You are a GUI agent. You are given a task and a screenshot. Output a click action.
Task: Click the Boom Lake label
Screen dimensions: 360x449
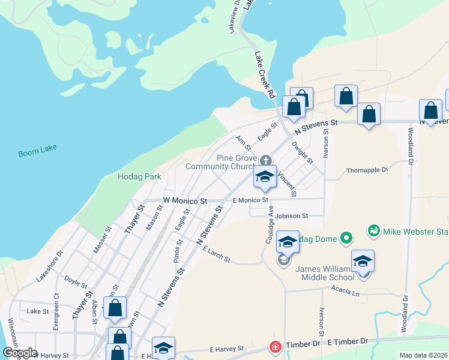pos(37,153)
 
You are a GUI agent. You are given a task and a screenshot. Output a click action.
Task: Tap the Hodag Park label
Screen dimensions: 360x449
pos(139,177)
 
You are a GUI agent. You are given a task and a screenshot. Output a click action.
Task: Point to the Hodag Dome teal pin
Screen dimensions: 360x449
pos(346,239)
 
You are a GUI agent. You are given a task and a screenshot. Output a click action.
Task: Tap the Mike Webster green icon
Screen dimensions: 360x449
pos(373,230)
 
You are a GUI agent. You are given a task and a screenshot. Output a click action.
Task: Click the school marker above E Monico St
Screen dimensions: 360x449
pos(264,178)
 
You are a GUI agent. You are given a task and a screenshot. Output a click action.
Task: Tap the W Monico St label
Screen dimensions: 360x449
pos(185,200)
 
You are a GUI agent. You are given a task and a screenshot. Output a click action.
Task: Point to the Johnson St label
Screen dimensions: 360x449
pos(291,215)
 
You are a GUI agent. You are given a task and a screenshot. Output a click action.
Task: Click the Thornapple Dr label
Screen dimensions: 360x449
pos(368,170)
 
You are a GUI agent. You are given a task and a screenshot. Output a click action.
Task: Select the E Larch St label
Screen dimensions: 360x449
pos(217,254)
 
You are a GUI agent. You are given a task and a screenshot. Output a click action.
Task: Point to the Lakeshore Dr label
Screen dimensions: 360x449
pos(50,274)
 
